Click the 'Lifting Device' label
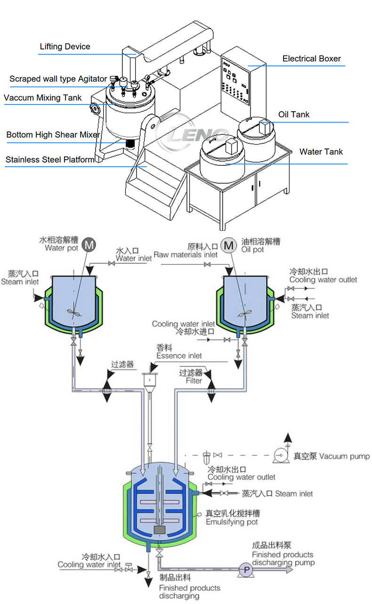coord(65,47)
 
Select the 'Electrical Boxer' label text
coord(311,59)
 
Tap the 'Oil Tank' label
coord(294,114)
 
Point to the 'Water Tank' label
coord(321,152)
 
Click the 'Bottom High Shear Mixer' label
coord(53,135)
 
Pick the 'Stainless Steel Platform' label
coord(50,160)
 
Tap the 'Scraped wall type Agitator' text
coord(58,79)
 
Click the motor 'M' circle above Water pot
coord(89,245)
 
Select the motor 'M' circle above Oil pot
coord(229,245)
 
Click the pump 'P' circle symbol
coord(245,569)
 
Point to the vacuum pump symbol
coord(281,455)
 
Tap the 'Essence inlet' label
coord(179,356)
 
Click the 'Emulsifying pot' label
coord(232,522)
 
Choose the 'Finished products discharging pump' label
coord(283,558)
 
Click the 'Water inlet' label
coord(134,258)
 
